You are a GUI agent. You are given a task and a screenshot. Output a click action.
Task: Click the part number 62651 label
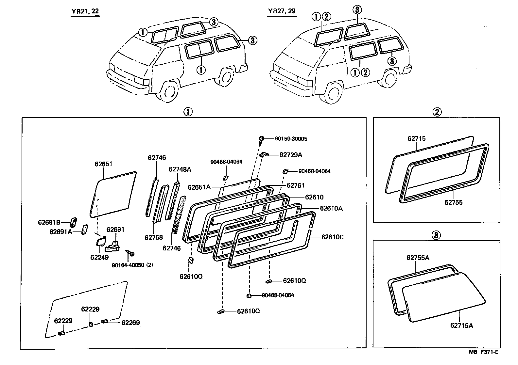(104, 164)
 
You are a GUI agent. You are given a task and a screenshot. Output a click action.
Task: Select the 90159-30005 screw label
(291, 139)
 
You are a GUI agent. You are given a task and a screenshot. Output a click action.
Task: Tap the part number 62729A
(291, 155)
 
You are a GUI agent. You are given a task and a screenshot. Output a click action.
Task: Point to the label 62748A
(180, 169)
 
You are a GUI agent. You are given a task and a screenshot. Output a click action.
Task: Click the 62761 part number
(295, 185)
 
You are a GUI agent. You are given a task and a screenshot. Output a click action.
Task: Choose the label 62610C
(332, 237)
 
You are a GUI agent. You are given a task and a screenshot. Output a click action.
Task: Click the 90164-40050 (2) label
(132, 265)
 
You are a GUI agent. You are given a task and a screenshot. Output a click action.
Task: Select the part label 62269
(130, 323)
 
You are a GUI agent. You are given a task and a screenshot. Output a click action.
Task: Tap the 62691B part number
(49, 222)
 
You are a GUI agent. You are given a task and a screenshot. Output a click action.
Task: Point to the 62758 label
(154, 237)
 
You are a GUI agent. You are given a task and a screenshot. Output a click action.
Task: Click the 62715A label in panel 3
(461, 325)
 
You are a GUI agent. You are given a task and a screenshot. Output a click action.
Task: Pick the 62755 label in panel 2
(453, 202)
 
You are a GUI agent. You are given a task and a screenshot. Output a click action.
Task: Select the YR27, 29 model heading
(282, 11)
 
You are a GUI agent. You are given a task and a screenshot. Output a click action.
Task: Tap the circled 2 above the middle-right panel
(437, 112)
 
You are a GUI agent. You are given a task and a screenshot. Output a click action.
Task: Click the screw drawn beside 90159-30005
(262, 139)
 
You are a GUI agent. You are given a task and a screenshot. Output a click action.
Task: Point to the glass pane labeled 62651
(113, 194)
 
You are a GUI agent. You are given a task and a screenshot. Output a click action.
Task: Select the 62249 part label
(99, 257)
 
